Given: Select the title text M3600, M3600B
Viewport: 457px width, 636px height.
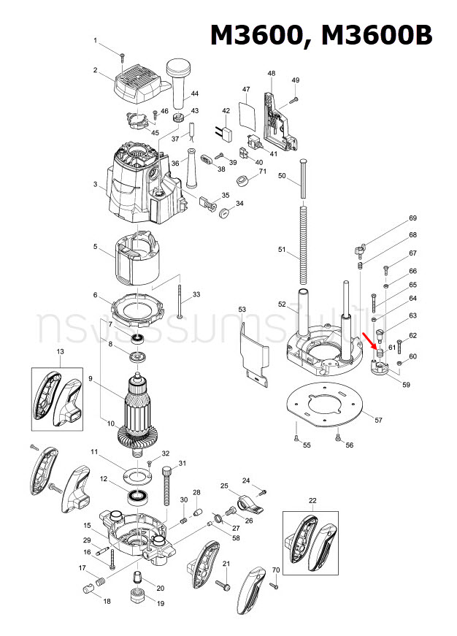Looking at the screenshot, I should coord(321,36).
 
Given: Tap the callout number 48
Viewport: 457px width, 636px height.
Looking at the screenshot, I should coord(272,73).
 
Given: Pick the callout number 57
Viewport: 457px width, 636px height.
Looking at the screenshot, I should coord(378,420).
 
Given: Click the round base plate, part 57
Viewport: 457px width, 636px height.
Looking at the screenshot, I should coord(325,402).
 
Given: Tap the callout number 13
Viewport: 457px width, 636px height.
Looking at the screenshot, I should coord(60,352).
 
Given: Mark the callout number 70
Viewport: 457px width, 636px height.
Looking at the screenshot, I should coord(275,570).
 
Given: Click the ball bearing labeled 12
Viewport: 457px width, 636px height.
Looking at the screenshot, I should coord(137,497).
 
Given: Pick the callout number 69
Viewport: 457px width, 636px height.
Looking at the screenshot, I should coord(412,218).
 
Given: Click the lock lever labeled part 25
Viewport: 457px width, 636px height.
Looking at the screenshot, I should coord(246,502).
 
